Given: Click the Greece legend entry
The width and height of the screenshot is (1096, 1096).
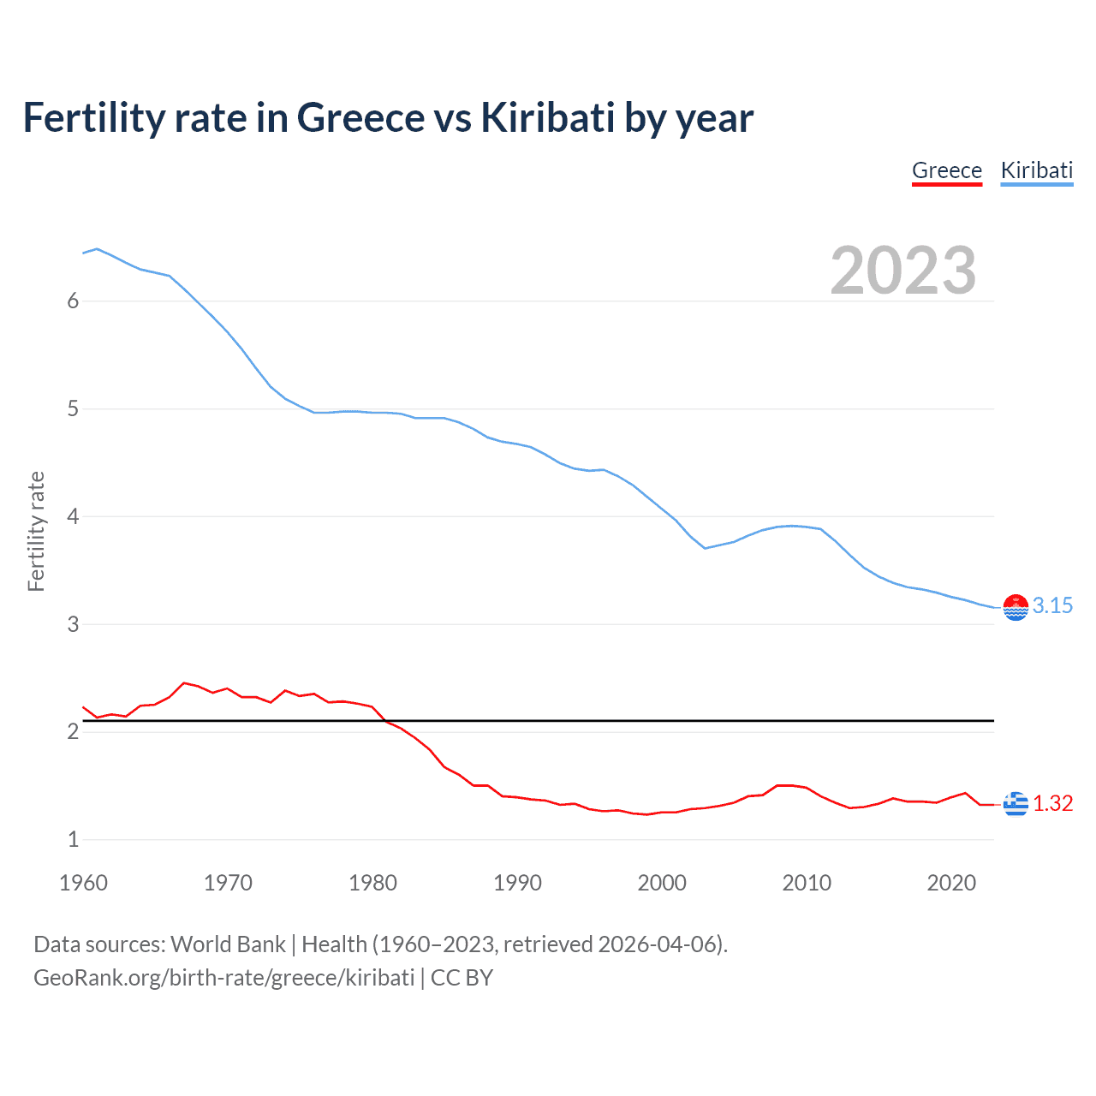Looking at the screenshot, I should pos(946,170).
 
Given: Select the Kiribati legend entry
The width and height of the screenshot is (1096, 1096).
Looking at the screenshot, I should pos(1036,170).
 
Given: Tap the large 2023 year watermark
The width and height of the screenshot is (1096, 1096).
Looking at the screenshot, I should pos(902,271).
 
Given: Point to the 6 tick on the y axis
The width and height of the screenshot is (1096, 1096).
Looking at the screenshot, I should pos(73,301).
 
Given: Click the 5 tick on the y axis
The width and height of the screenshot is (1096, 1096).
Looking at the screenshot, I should pos(73,408).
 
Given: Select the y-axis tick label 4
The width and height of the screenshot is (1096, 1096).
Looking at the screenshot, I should pos(73,516).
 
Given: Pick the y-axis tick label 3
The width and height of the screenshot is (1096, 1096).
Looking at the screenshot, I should pos(73,624).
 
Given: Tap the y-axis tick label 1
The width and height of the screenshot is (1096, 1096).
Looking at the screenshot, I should pos(73,839).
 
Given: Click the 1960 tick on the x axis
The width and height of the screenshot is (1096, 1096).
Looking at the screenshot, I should pos(83,883).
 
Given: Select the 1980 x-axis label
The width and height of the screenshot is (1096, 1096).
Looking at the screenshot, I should pos(372,883).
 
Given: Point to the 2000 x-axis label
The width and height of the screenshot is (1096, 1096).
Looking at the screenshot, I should pos(662,883).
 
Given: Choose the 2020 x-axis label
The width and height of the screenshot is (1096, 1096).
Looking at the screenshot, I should pos(951,883).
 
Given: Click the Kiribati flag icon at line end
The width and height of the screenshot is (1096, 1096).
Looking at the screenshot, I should pos(1016,607).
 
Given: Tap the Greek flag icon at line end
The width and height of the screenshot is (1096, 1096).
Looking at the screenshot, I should pos(1016,804).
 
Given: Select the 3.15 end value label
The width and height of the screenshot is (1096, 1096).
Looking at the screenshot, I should pos(1052,606).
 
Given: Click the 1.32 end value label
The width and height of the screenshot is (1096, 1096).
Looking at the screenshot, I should pos(1052,803).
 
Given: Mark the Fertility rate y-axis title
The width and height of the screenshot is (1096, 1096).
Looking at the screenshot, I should pos(36,531).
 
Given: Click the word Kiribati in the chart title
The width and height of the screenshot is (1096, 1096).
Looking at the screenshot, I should pos(547,117).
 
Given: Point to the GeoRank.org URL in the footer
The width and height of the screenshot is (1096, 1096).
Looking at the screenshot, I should pos(223,978).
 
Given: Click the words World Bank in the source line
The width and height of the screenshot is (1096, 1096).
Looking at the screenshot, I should pos(228,944).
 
